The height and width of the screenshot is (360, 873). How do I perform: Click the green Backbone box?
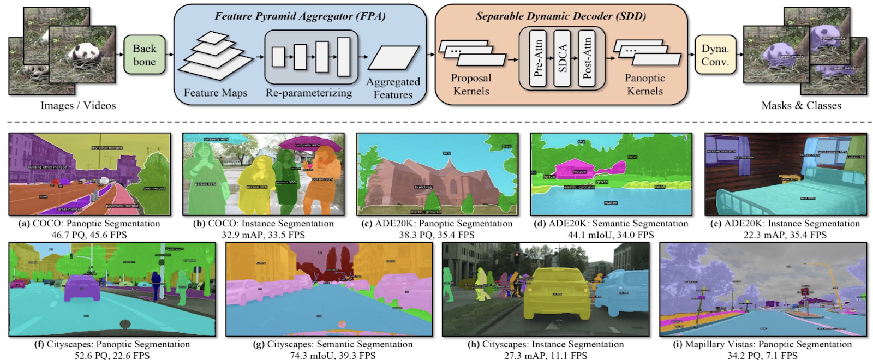(x=144, y=55)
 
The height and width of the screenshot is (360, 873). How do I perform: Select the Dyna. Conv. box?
(x=715, y=55)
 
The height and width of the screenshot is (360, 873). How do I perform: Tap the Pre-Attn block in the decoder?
(x=538, y=58)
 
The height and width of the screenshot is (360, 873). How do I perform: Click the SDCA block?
(x=562, y=58)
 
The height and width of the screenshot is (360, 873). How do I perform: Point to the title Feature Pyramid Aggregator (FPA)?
(x=300, y=16)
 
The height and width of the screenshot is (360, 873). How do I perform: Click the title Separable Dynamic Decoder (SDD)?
(x=560, y=16)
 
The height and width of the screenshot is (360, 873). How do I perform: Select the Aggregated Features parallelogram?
(x=393, y=58)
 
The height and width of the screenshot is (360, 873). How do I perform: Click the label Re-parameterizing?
(x=309, y=93)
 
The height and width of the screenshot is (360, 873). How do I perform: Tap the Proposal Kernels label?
(x=471, y=85)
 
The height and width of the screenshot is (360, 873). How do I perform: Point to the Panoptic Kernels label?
(x=644, y=85)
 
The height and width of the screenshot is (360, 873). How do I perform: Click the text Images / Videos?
(x=78, y=105)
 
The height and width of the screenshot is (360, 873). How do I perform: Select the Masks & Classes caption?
(x=801, y=105)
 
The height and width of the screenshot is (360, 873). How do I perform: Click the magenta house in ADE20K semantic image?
(x=578, y=169)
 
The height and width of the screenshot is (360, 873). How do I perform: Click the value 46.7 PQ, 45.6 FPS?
(x=89, y=235)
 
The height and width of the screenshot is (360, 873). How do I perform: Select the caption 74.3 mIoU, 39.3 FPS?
(x=332, y=356)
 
